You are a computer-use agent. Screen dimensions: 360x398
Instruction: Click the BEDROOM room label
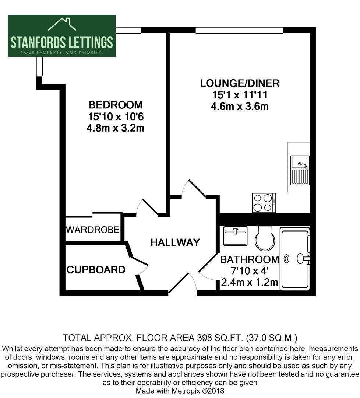click(x=116, y=105)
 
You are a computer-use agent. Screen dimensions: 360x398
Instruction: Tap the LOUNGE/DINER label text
click(x=240, y=83)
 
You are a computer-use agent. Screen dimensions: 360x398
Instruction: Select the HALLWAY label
click(x=175, y=242)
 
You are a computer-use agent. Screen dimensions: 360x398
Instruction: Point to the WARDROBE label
click(x=92, y=230)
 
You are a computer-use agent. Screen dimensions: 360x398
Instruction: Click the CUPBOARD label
click(x=96, y=269)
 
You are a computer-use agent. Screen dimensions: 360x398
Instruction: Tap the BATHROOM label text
click(x=250, y=260)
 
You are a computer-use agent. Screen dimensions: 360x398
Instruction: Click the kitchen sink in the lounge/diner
click(x=300, y=170)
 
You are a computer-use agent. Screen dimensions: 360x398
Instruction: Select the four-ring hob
click(x=264, y=203)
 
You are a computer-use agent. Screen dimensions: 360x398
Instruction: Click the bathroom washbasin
click(x=235, y=236)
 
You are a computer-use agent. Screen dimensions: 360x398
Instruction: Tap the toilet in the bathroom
click(x=265, y=238)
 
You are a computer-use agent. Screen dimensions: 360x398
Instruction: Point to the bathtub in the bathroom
click(x=295, y=259)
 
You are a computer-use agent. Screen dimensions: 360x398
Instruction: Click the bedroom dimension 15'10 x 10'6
click(x=116, y=116)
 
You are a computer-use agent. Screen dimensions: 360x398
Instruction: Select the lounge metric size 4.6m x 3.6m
click(x=240, y=106)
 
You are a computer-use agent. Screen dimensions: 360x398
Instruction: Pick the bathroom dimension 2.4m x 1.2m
click(x=250, y=282)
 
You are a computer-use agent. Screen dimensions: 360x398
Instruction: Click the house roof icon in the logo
click(x=62, y=24)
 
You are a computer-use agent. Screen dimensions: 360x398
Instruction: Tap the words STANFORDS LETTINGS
click(x=61, y=42)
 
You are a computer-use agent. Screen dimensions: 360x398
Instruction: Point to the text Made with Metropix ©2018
click(x=180, y=391)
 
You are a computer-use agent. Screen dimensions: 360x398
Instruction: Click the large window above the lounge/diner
click(x=239, y=30)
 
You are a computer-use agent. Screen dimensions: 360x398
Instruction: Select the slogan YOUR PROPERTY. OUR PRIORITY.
click(x=61, y=52)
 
